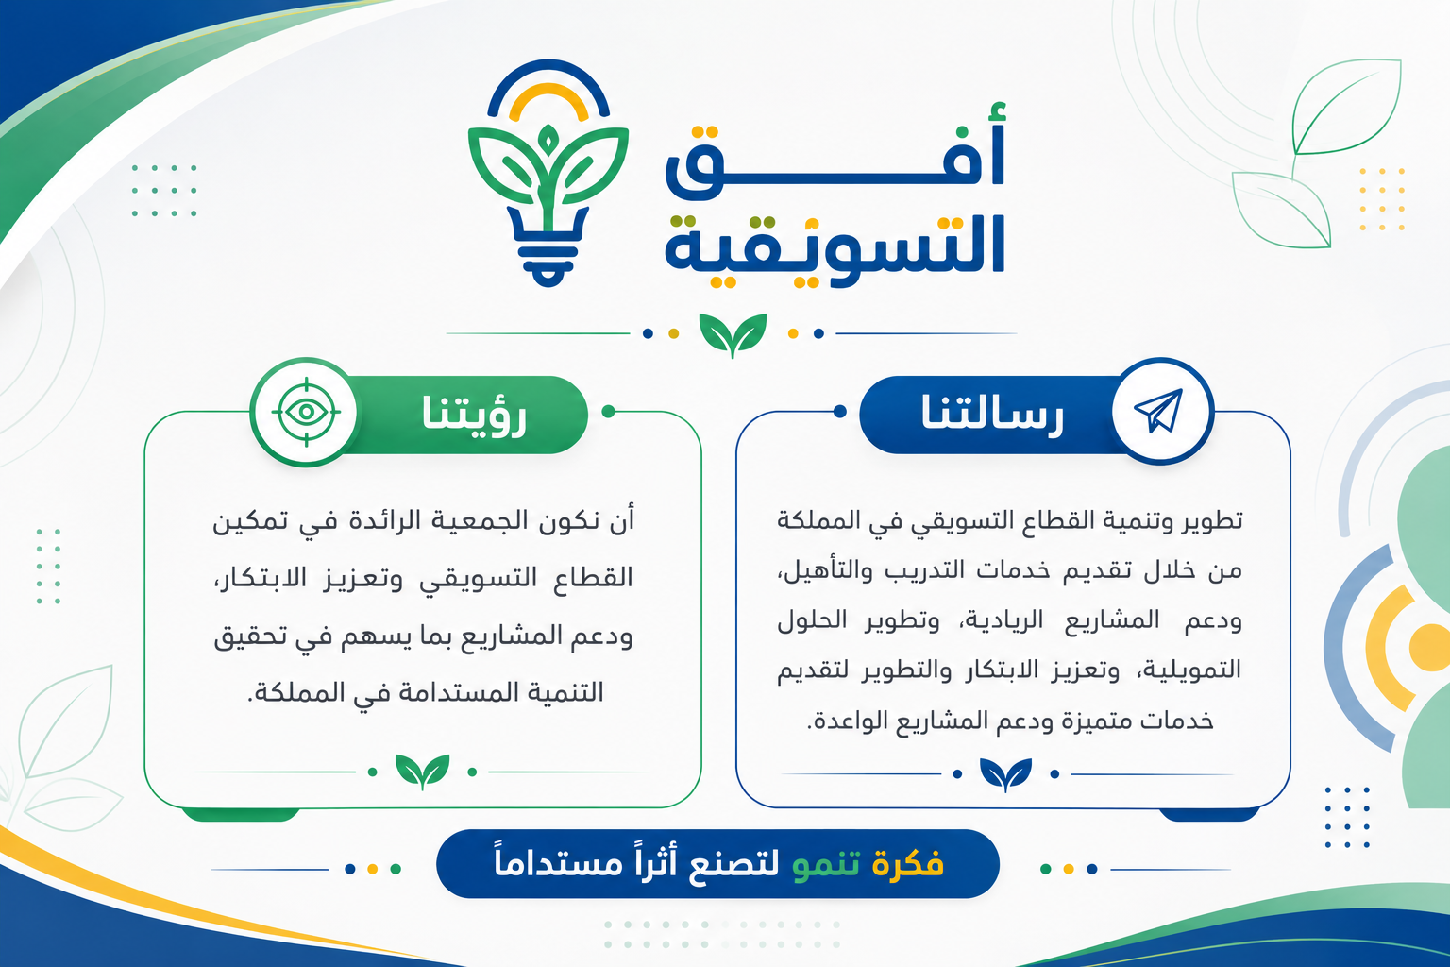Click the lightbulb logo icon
(548, 174)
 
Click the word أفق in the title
(835, 152)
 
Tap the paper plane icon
(1159, 411)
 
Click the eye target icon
(306, 412)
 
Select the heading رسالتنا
(992, 413)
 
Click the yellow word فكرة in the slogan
(907, 863)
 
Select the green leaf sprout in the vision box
(422, 772)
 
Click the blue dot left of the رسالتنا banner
(839, 412)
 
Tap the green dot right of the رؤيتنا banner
(608, 412)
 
